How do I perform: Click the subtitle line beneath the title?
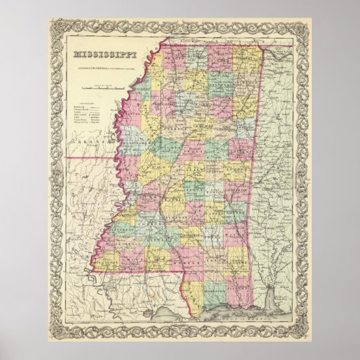[103, 65]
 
